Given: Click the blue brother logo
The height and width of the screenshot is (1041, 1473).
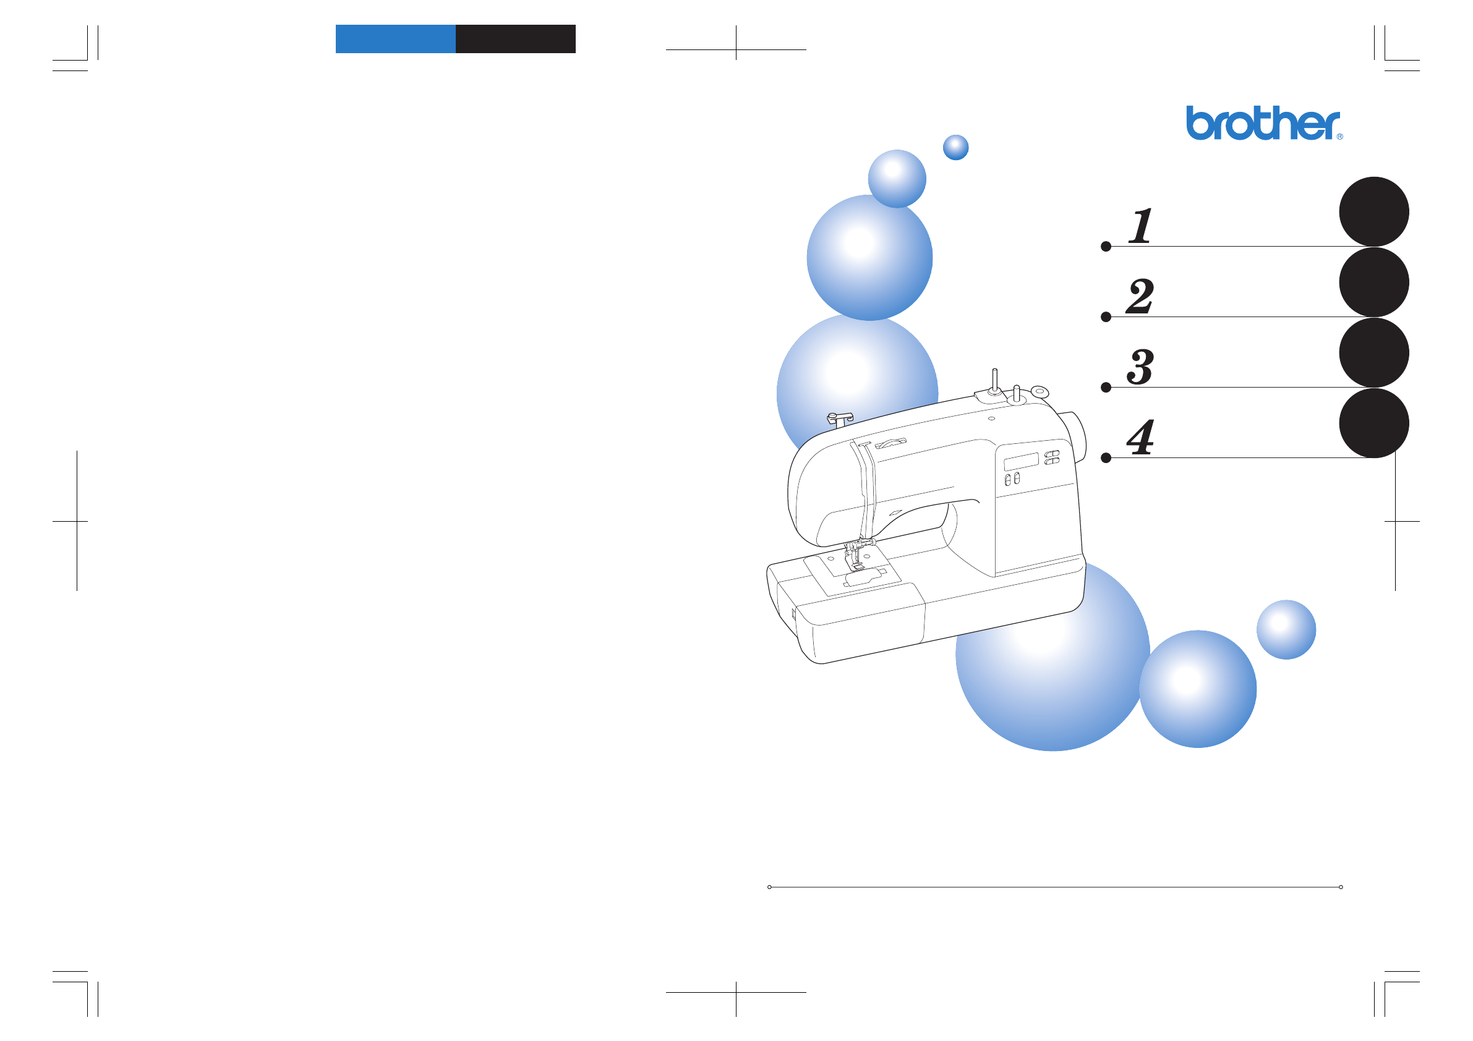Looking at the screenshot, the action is [1262, 123].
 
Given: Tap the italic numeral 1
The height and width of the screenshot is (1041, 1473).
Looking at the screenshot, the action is [1141, 226].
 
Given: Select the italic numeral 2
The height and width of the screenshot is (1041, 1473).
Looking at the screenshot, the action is [1140, 296].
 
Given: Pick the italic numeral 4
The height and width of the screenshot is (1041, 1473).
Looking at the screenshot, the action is [1141, 438].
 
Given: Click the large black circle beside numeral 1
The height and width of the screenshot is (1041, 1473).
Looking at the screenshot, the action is [1374, 211].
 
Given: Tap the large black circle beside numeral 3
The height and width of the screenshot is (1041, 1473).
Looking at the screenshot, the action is [1374, 353].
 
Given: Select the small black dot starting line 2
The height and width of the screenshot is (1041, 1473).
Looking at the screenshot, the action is [1106, 317].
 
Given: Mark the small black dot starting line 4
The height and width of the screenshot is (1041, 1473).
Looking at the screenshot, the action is [1106, 458].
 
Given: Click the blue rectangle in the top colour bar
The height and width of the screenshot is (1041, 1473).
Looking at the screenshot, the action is [396, 39].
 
